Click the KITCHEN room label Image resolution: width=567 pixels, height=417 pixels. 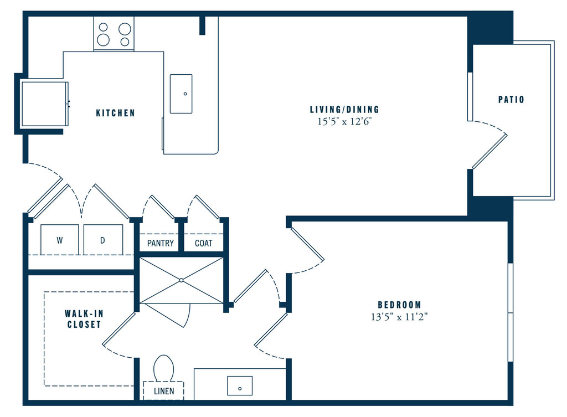pyautogui.click(x=115, y=113)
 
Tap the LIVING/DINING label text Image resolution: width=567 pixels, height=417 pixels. pyautogui.click(x=344, y=110)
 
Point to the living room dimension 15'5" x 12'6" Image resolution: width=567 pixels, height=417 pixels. pyautogui.click(x=344, y=122)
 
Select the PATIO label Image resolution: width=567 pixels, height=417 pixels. pyautogui.click(x=511, y=100)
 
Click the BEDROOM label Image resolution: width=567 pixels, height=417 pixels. pyautogui.click(x=399, y=305)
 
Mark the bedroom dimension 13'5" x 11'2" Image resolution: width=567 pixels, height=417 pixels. pyautogui.click(x=399, y=317)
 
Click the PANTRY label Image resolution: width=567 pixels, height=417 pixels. pyautogui.click(x=161, y=243)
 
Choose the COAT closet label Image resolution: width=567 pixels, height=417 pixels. pyautogui.click(x=204, y=243)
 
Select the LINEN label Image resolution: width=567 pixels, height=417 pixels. pyautogui.click(x=164, y=391)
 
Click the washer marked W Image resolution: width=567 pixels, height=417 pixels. pyautogui.click(x=59, y=240)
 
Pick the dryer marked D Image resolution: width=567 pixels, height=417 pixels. pyautogui.click(x=102, y=240)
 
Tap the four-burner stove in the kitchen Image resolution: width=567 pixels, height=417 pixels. pyautogui.click(x=114, y=34)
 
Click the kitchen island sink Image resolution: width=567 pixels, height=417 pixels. pyautogui.click(x=181, y=94)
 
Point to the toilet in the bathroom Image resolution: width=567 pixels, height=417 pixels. pyautogui.click(x=164, y=369)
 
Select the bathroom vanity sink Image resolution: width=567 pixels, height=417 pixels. pyautogui.click(x=240, y=385)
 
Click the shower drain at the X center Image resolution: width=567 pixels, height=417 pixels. pyautogui.click(x=182, y=281)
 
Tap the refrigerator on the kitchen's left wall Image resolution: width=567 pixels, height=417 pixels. pyautogui.click(x=45, y=104)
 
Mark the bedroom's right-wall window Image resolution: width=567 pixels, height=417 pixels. pyautogui.click(x=510, y=312)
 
